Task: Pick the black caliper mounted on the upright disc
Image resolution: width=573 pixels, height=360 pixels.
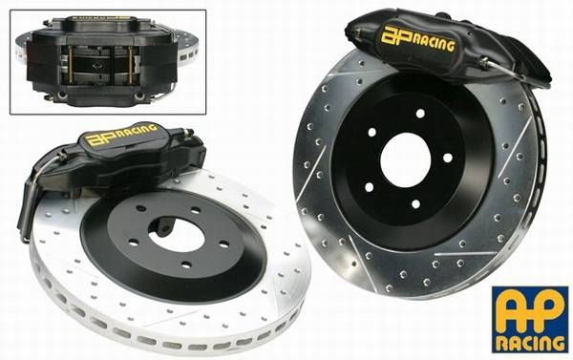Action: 439,48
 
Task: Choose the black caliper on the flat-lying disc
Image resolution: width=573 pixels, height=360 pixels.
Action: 124,158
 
